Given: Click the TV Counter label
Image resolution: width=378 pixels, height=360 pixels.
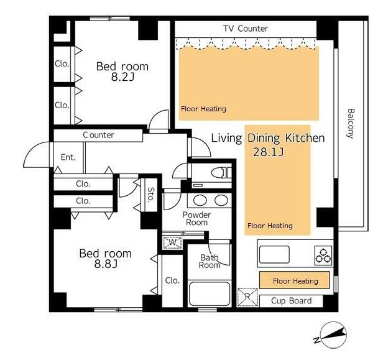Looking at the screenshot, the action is point(246,29).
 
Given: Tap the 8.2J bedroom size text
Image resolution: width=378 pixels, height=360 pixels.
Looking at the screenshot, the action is point(122,77).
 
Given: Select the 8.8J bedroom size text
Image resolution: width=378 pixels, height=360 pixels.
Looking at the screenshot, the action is point(106,264).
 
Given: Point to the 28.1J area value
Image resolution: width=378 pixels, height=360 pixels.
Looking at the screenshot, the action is point(269,152).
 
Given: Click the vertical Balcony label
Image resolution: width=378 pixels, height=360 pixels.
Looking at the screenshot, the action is point(351,124).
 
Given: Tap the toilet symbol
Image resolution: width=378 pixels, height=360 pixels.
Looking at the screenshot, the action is point(221,173).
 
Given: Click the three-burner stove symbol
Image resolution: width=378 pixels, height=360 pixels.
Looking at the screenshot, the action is point(323,256).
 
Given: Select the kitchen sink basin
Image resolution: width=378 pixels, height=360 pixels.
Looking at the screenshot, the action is point(274,254).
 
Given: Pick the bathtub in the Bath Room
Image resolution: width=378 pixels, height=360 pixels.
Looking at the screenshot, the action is point(210,293).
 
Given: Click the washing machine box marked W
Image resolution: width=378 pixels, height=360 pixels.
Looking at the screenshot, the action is point(172,242).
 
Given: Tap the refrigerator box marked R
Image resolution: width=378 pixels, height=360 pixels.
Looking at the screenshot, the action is point(247,297).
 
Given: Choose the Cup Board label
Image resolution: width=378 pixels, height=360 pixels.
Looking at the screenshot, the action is point(291,301).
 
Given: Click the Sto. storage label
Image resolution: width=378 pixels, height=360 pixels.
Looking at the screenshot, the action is point(150,195).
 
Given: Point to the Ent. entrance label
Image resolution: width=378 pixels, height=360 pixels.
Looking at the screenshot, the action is point(68,157).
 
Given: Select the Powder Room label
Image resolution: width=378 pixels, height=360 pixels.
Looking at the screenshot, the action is point(196,218).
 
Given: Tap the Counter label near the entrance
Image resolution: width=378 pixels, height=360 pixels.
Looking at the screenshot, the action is point(98,135).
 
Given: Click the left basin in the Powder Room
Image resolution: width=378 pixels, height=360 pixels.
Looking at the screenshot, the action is point(200,200).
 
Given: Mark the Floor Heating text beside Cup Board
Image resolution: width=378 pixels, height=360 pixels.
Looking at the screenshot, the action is point(295,281).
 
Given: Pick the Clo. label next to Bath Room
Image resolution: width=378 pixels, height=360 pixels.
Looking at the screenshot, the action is point(172,280).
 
